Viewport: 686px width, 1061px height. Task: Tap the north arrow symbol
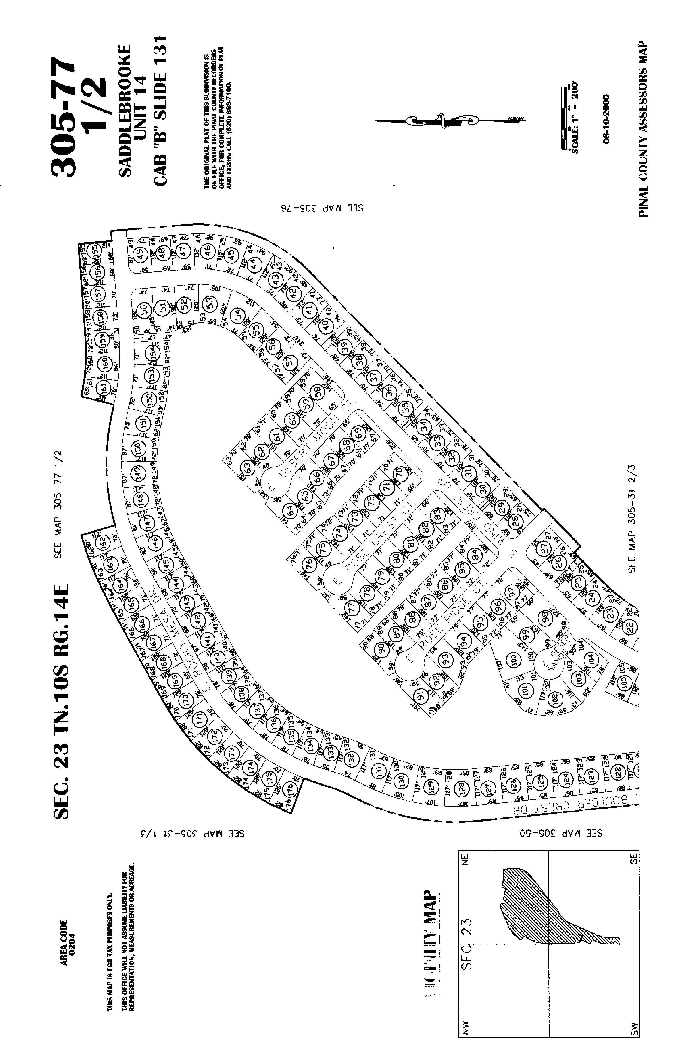pyautogui.click(x=445, y=120)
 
